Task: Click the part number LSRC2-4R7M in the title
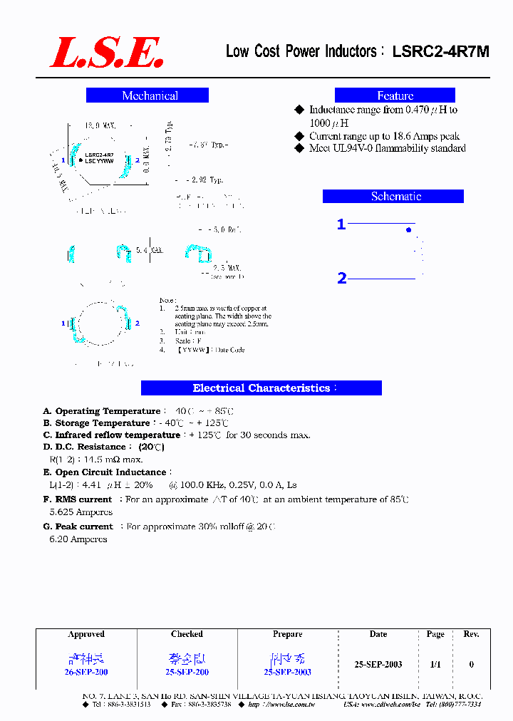[440, 51]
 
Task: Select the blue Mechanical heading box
[147, 95]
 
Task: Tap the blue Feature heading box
[395, 95]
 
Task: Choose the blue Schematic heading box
[393, 197]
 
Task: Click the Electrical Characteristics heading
[261, 388]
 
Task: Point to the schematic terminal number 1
[341, 225]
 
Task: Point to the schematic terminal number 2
[342, 279]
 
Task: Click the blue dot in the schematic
[408, 230]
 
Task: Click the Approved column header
[86, 634]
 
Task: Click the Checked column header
[187, 634]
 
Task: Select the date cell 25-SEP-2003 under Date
[378, 664]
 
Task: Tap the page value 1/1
[435, 664]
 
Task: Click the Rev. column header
[471, 634]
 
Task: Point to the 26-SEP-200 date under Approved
[86, 672]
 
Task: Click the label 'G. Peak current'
[78, 527]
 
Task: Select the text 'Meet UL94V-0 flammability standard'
[387, 148]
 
